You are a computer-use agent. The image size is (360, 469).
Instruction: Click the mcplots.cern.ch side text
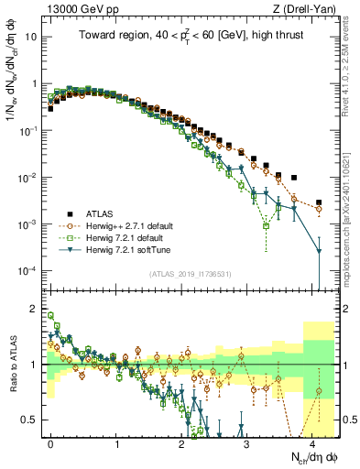(352, 229)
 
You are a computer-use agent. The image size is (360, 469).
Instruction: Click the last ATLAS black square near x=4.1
(319, 202)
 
